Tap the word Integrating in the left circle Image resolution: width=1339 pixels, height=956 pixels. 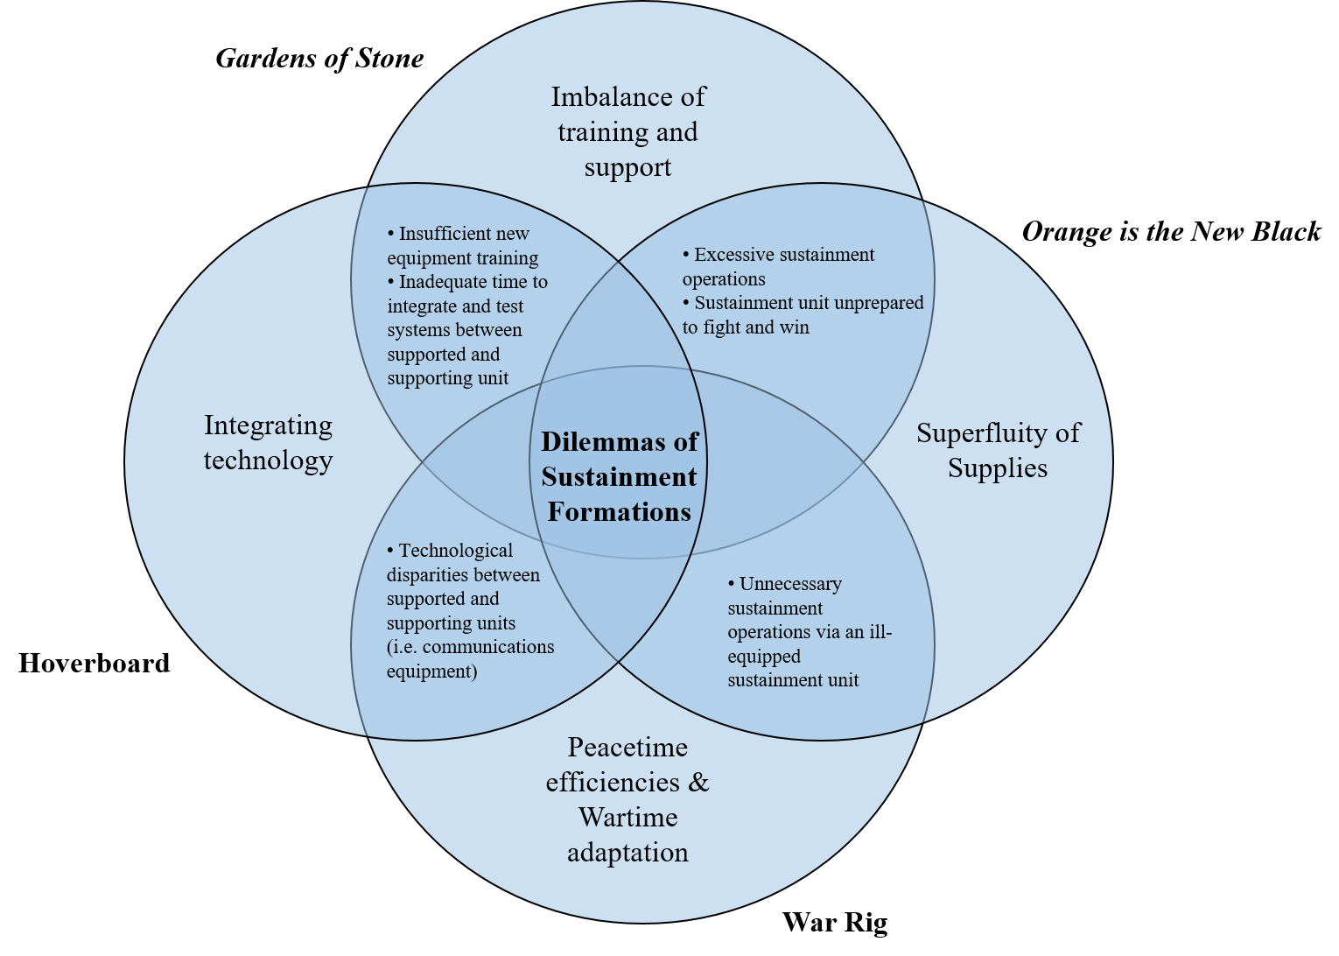[268, 425]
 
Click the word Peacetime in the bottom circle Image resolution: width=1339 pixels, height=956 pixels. [627, 748]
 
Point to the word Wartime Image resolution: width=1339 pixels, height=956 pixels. [627, 818]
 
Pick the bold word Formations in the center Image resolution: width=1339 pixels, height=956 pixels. [619, 512]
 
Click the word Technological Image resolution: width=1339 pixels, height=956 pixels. [455, 551]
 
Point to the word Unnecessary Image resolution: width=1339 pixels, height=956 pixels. [790, 584]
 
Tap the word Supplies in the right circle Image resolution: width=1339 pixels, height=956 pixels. [997, 468]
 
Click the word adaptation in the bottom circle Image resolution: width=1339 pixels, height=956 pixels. [627, 853]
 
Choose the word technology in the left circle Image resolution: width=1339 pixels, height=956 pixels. [268, 460]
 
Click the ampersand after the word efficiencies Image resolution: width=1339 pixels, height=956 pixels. [698, 783]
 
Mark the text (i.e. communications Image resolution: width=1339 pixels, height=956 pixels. [470, 647]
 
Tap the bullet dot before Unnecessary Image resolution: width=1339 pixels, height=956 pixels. [732, 584]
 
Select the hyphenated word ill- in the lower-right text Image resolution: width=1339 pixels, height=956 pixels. [880, 632]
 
